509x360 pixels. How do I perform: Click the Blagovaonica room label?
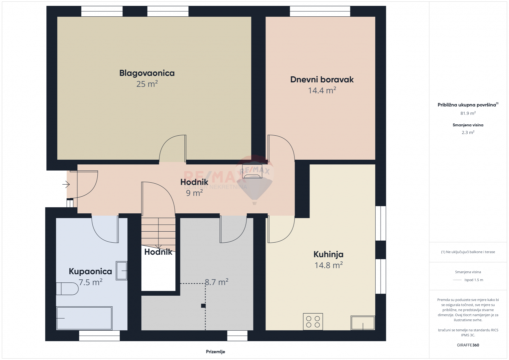pyautogui.click(x=147, y=73)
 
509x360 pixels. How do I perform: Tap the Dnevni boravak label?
pyautogui.click(x=322, y=79)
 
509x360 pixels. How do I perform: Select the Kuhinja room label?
pyautogui.click(x=328, y=254)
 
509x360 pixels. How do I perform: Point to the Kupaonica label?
pyautogui.click(x=90, y=271)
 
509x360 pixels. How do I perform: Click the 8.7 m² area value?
pyautogui.click(x=216, y=282)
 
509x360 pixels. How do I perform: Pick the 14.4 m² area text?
pyautogui.click(x=322, y=90)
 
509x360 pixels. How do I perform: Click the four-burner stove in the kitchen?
pyautogui.click(x=313, y=322)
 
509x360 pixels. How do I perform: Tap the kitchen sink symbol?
pyautogui.click(x=363, y=323)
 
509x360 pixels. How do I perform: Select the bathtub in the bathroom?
pyautogui.click(x=84, y=318)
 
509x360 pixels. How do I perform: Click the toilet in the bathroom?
pyautogui.click(x=67, y=289)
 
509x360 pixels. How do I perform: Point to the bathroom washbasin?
pyautogui.click(x=121, y=271)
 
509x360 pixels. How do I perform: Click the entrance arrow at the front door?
pyautogui.click(x=66, y=184)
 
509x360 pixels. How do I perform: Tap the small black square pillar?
pyautogui.click(x=203, y=306)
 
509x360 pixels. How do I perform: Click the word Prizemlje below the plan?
pyautogui.click(x=215, y=352)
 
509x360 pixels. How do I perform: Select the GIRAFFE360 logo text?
pyautogui.click(x=468, y=345)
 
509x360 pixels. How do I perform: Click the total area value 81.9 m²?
pyautogui.click(x=468, y=113)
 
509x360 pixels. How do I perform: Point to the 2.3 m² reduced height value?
pyautogui.click(x=468, y=132)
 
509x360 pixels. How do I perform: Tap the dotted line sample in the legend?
pyautogui.click(x=457, y=280)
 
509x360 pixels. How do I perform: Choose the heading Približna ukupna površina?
pyautogui.click(x=467, y=105)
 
